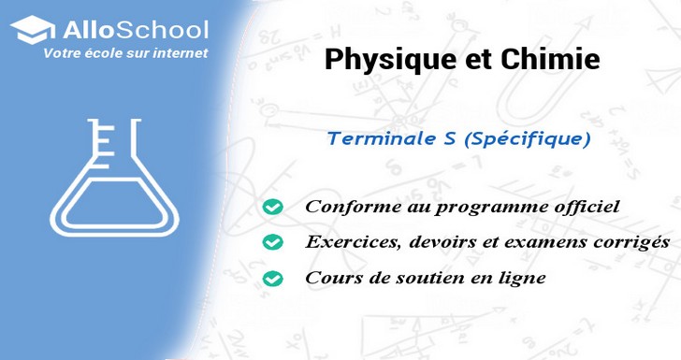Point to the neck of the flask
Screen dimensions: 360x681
click(113, 141)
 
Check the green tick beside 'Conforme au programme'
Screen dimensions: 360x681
click(272, 207)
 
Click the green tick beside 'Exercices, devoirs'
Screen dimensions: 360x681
click(272, 242)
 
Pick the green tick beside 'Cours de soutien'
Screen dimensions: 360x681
click(272, 279)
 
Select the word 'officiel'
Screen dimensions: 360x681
click(587, 207)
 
